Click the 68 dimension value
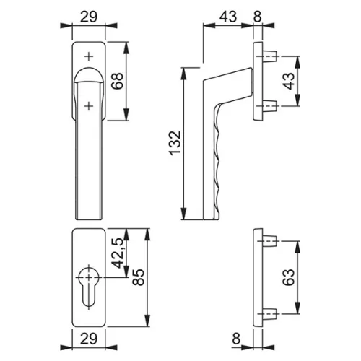pyautogui.click(x=118, y=81)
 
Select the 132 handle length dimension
pyautogui.click(x=175, y=143)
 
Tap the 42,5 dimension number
pyautogui.click(x=118, y=253)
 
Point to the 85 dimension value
pyautogui.click(x=139, y=277)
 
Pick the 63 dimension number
pyautogui.click(x=288, y=277)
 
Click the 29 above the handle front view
pyautogui.click(x=89, y=17)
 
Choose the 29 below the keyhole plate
pyautogui.click(x=89, y=339)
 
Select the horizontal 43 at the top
pyautogui.click(x=228, y=17)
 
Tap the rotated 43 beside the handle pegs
pyautogui.click(x=288, y=81)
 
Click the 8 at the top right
pyautogui.click(x=257, y=17)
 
